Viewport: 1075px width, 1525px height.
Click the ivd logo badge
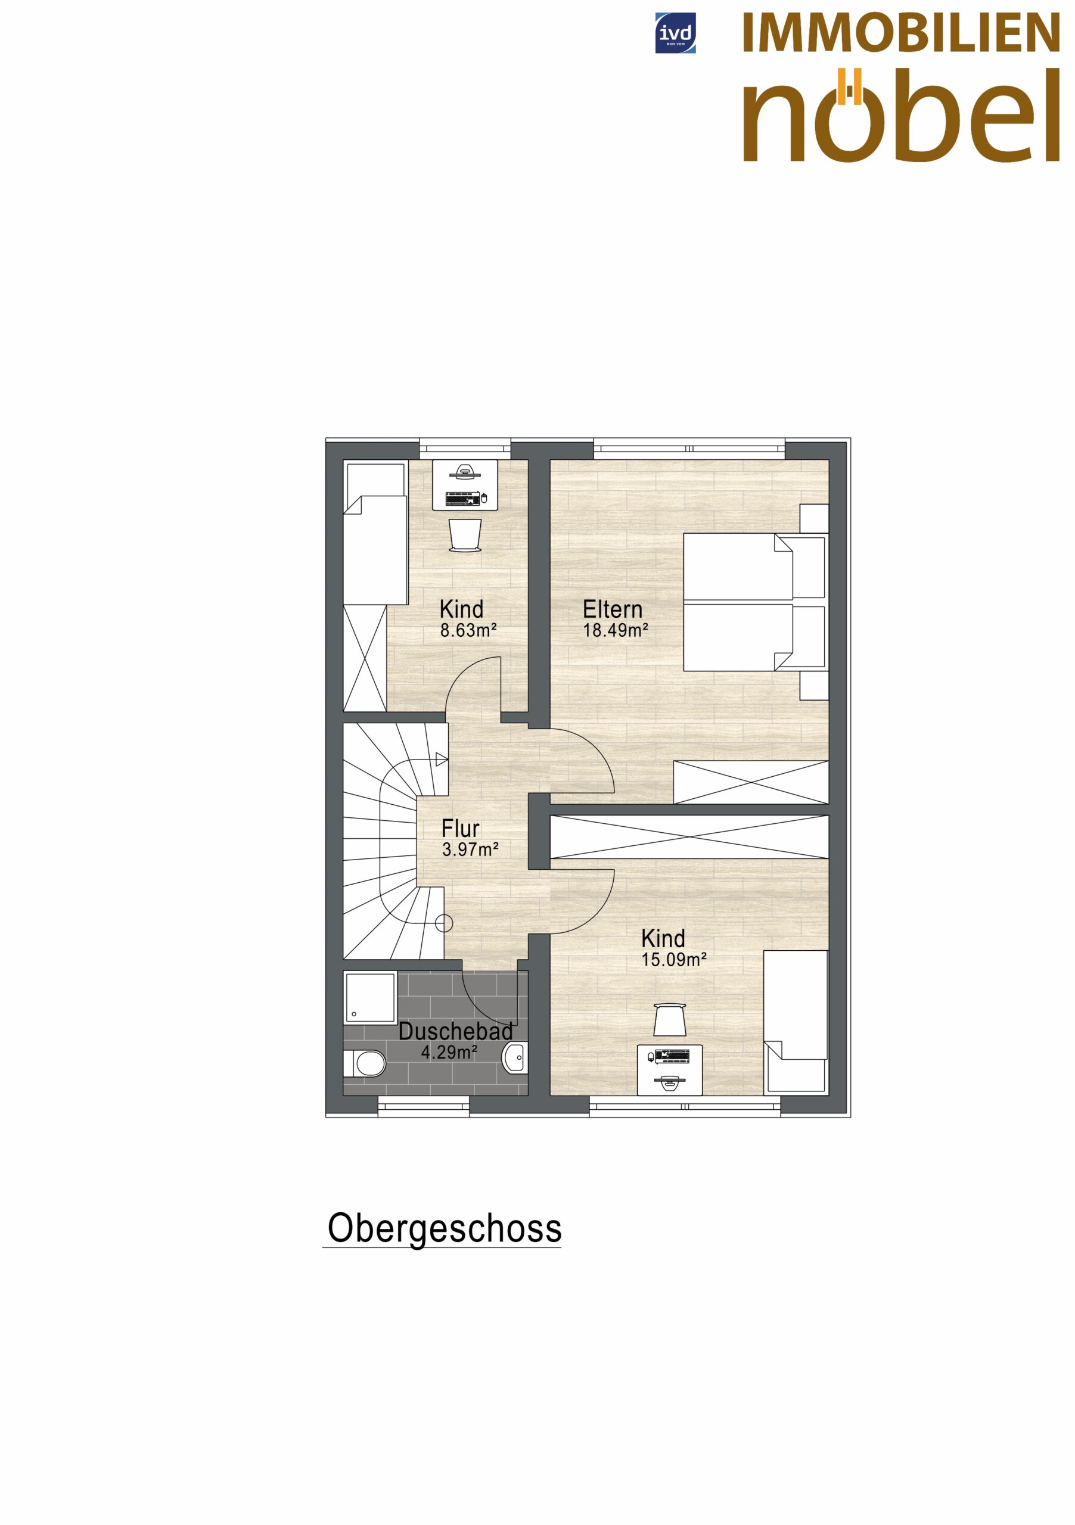(675, 33)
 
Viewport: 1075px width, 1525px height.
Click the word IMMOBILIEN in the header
(900, 33)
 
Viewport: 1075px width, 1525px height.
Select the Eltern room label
(612, 609)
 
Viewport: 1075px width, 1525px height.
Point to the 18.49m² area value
(615, 630)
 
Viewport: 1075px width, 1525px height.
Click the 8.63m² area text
(468, 630)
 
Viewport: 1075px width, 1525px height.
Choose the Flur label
(461, 828)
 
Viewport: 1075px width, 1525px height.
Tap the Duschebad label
(456, 1032)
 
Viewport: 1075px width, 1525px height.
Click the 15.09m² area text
(673, 960)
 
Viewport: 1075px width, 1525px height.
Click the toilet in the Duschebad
(364, 1063)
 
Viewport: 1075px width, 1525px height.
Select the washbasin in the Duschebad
(515, 1057)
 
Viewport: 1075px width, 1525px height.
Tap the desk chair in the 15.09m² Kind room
(669, 1019)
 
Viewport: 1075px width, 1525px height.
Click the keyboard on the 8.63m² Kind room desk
(463, 498)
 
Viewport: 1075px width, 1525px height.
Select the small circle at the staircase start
(444, 923)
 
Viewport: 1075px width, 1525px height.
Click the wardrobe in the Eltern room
(751, 782)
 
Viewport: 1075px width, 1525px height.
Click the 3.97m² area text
(470, 849)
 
